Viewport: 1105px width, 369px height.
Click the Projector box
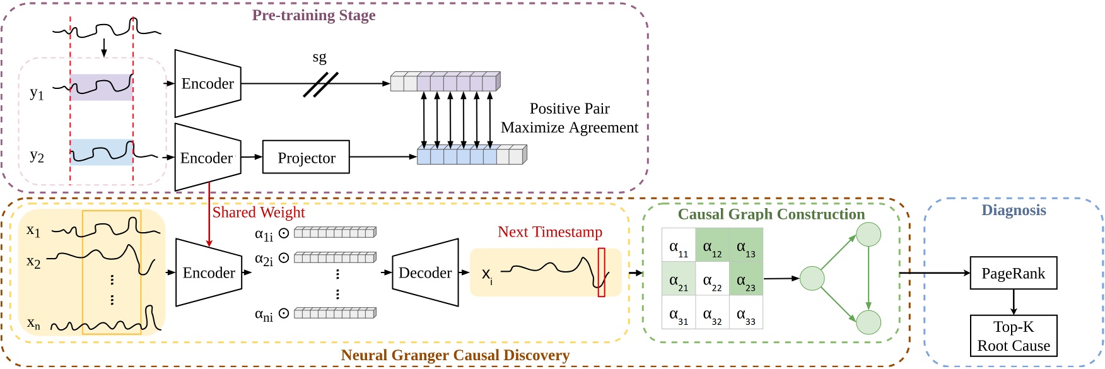point(306,158)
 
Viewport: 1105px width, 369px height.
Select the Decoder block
point(425,272)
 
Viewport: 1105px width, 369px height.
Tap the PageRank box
point(1013,273)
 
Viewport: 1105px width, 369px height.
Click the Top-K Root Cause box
point(1013,336)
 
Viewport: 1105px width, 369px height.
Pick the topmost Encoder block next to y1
point(208,83)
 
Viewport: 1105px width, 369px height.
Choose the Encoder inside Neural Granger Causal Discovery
point(209,272)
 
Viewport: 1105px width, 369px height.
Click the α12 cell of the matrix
point(712,245)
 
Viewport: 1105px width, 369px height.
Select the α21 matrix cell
point(678,279)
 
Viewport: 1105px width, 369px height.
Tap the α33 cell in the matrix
point(746,313)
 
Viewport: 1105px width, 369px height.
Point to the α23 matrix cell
point(746,279)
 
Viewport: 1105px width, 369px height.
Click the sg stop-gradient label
point(319,57)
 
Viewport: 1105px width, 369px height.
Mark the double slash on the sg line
point(320,85)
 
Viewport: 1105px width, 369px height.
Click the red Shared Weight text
point(259,213)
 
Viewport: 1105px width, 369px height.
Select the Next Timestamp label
point(550,232)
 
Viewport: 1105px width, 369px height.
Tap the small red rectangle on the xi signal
point(601,272)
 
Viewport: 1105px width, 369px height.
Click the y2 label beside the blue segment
point(37,156)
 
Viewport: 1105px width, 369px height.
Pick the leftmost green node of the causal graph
point(812,278)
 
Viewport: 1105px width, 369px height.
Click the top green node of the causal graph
point(868,235)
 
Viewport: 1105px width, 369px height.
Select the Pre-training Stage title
point(313,15)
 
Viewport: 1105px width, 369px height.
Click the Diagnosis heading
point(1014,211)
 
